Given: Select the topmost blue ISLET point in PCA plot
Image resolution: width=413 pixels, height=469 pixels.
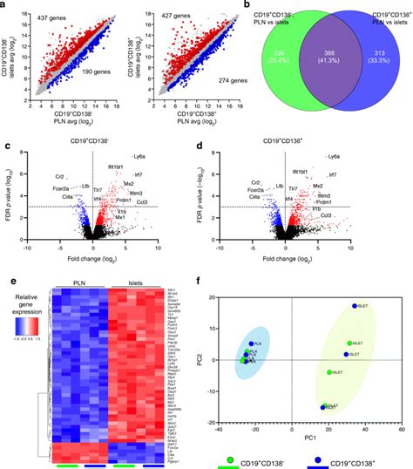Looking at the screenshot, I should pos(355,306).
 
